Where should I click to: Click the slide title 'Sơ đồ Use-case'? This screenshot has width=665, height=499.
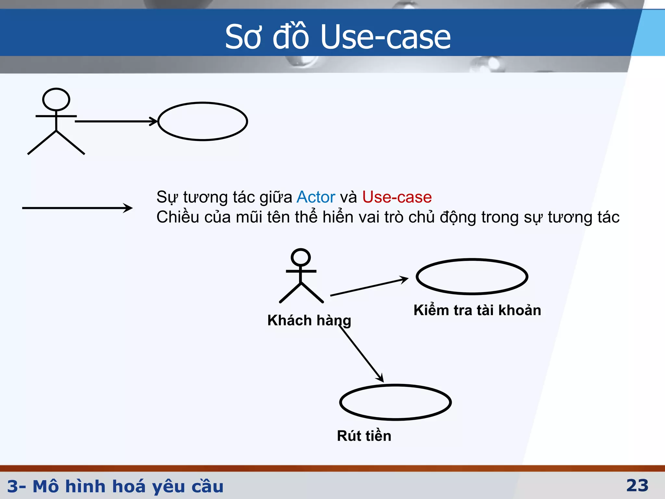[338, 37]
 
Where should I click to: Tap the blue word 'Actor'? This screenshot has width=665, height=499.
[316, 197]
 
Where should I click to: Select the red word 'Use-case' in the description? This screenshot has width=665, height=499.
[397, 197]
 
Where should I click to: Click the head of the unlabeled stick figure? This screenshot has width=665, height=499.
[56, 99]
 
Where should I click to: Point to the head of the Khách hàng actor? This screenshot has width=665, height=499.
[301, 257]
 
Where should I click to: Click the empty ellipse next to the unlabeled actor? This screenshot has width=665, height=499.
[203, 121]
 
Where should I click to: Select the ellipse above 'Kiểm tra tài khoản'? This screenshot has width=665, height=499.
[472, 276]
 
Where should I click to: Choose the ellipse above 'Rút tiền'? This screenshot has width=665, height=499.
[395, 402]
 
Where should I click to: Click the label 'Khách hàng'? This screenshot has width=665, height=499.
[309, 320]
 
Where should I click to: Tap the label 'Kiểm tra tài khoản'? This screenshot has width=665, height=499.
[477, 310]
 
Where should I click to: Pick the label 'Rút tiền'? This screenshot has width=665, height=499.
[364, 436]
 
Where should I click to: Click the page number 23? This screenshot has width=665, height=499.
[637, 486]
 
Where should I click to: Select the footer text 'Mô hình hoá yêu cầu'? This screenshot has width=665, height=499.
[128, 486]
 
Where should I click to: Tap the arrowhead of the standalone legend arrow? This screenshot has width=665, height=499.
[129, 208]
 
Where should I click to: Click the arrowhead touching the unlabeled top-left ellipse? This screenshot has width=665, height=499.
[154, 121]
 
